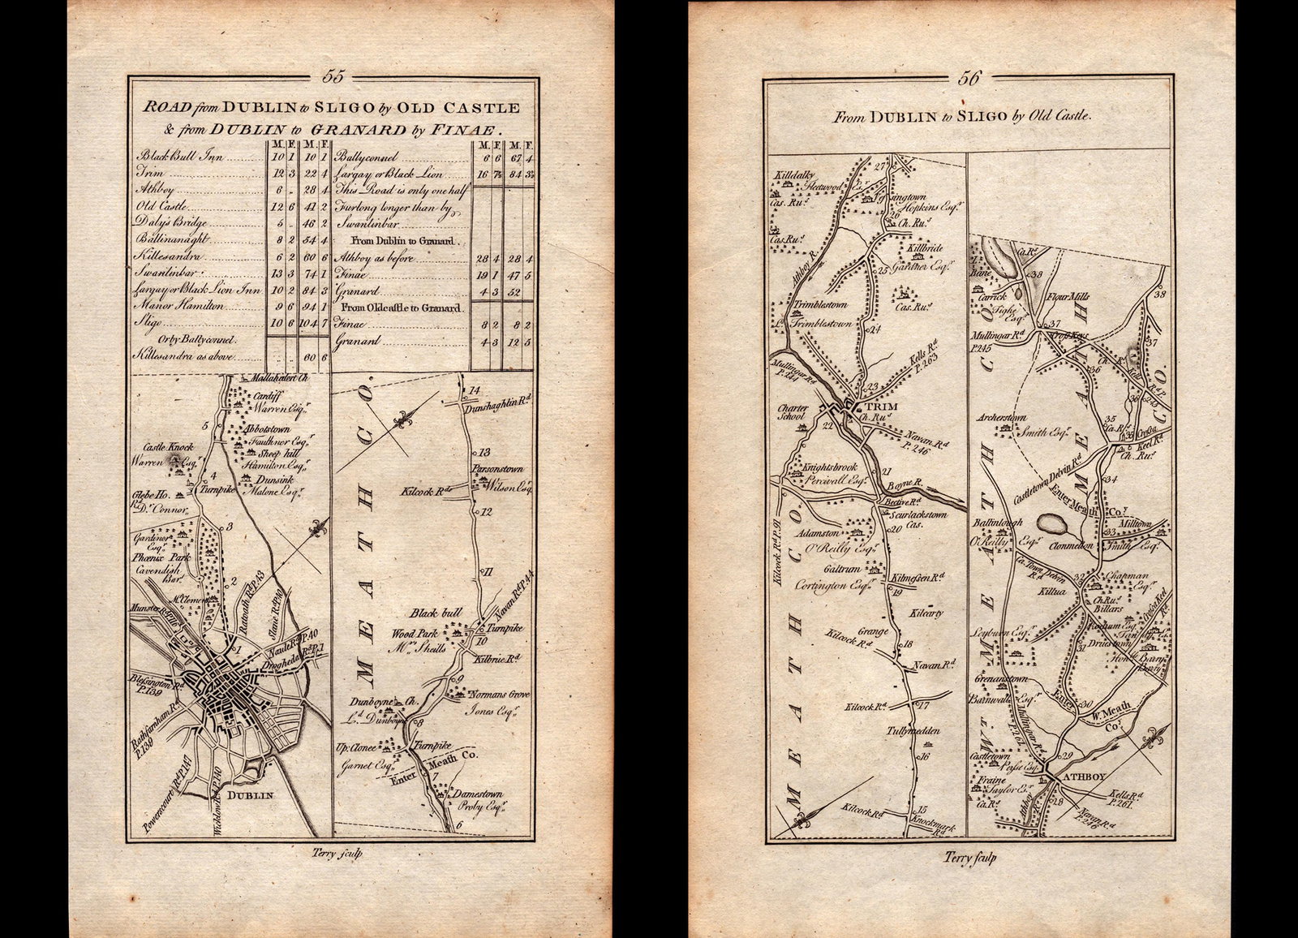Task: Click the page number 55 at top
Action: click(333, 77)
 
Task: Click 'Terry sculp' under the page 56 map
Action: click(970, 857)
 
